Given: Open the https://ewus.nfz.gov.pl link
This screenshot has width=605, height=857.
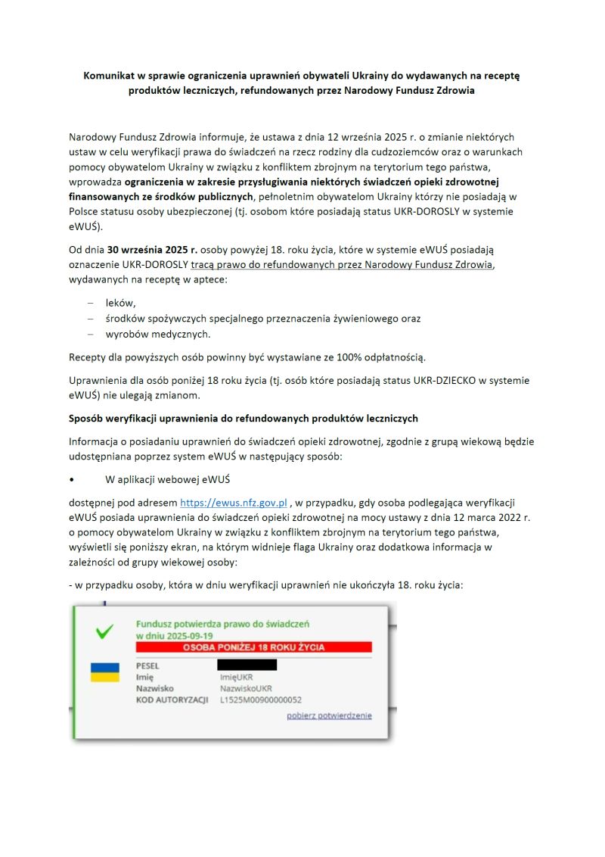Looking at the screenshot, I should tap(234, 502).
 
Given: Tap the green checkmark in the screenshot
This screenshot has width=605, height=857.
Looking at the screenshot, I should tap(105, 631).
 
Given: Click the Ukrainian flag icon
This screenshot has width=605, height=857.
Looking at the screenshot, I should tap(105, 672).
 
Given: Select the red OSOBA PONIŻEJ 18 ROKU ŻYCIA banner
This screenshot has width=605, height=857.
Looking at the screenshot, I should tap(254, 647).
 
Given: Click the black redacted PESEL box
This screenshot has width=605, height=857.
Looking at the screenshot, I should tap(247, 665).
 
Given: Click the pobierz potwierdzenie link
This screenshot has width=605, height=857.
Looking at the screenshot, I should tap(329, 715).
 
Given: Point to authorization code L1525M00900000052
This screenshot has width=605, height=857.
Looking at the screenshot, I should tap(261, 700).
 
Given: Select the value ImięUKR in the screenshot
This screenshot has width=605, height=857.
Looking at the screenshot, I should tap(237, 678).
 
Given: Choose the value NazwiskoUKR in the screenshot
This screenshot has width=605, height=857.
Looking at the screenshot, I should tap(246, 689).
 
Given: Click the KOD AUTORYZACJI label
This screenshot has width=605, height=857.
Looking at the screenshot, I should tap(172, 700).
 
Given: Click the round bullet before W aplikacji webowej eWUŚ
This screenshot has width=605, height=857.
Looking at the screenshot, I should tap(71, 480).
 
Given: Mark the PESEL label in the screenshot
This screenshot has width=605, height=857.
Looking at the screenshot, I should tap(148, 665).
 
